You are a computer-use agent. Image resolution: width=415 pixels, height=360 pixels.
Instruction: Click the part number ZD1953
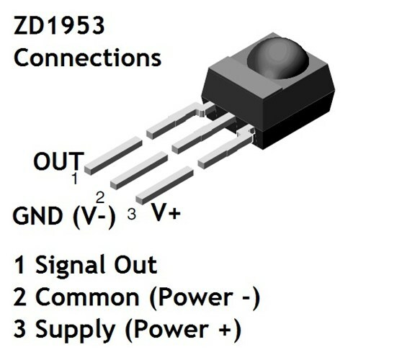59,25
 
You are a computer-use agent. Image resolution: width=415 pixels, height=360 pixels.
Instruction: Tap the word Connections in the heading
87,58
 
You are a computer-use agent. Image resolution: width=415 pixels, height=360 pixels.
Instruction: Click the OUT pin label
59,161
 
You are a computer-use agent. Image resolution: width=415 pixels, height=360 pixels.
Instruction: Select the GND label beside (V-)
37,216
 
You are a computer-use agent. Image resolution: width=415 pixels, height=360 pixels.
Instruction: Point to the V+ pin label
166,212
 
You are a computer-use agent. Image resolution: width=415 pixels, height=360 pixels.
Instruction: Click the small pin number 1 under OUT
75,179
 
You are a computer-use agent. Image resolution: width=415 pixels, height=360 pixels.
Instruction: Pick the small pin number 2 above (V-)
100,197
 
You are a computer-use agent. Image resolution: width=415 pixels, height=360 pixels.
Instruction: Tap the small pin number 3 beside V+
132,214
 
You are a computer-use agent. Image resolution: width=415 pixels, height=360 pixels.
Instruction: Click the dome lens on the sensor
278,58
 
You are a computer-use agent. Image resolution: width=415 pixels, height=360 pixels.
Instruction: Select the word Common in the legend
87,297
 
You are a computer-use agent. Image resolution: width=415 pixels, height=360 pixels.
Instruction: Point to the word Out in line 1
135,264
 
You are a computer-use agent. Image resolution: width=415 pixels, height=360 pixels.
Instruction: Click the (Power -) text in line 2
205,298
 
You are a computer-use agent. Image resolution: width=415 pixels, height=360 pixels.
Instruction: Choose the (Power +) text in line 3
183,330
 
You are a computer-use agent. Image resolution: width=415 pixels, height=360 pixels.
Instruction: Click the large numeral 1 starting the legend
20,264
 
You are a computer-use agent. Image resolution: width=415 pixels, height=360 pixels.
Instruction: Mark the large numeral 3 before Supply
20,328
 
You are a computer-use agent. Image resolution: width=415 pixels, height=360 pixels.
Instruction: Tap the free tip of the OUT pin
88,169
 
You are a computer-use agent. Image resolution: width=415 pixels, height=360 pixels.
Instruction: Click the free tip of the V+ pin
140,199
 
